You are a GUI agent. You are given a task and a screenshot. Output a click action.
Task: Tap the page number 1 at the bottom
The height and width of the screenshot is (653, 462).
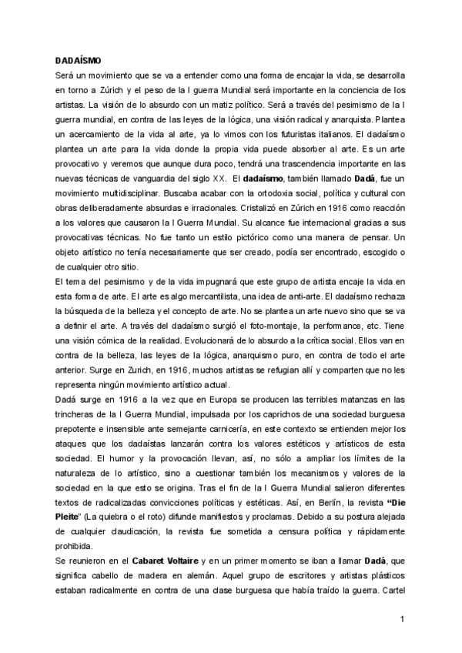tap(401, 619)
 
